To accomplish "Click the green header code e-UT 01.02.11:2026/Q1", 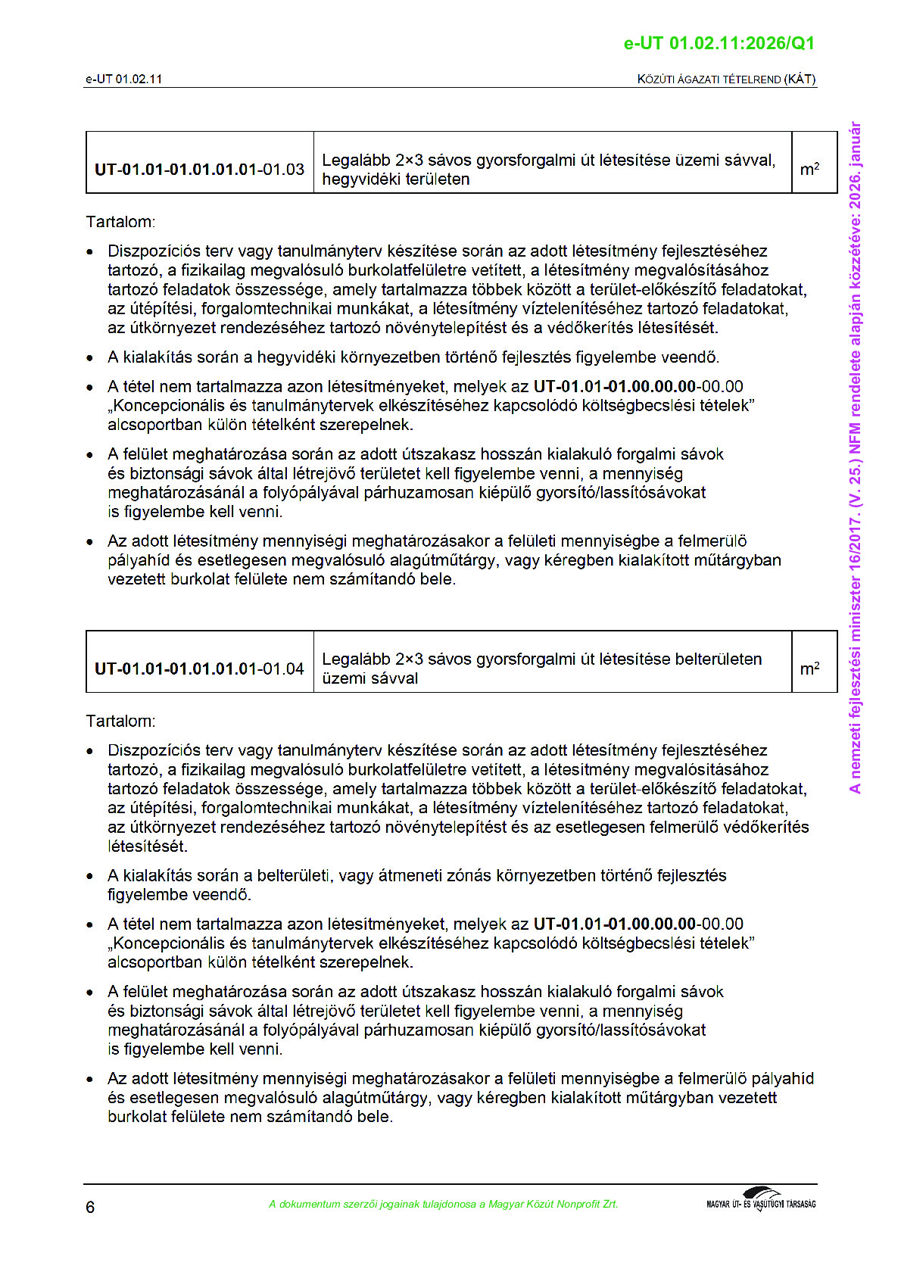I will (719, 43).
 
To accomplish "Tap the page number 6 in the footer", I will (90, 1207).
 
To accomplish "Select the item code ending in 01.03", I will (199, 170).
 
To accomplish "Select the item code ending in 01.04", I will (199, 669).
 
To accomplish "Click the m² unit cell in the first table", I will (809, 170).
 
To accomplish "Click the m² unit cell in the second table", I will (809, 669).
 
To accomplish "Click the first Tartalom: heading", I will (120, 222).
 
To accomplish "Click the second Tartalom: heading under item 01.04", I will (120, 721).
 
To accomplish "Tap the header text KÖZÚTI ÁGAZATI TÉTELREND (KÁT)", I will (726, 79).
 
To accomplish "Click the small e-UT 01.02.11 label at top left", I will (123, 79).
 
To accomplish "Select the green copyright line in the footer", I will (443, 1204).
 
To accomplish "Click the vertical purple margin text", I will (855, 457).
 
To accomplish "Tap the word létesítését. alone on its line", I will (148, 846).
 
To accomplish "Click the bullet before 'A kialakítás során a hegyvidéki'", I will (91, 358).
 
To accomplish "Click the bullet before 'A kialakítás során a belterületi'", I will (91, 877).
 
